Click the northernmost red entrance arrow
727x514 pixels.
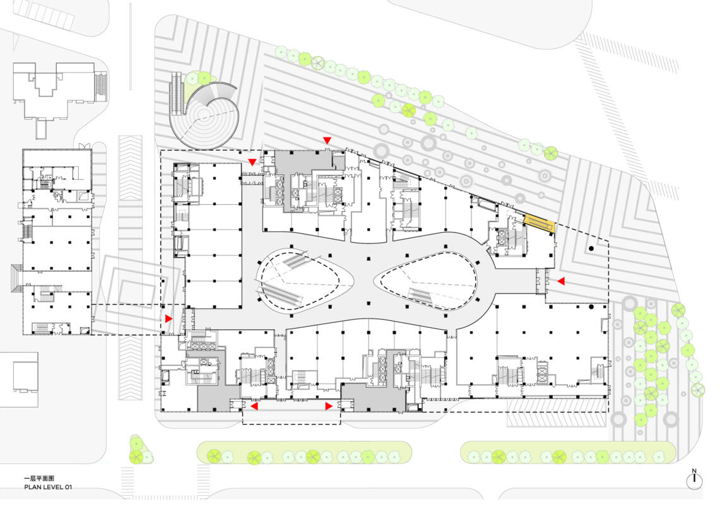[328, 141]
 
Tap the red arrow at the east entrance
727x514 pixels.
[561, 281]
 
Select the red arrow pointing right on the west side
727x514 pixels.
[168, 319]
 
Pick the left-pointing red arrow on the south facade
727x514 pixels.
[254, 407]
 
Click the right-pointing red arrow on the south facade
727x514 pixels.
[329, 407]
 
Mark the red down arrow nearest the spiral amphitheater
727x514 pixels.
[252, 162]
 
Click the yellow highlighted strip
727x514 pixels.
[539, 223]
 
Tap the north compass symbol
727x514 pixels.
[694, 480]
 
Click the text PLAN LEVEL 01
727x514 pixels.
[48, 487]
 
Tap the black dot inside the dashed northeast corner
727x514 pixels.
[591, 249]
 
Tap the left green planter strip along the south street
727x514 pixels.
[304, 452]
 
